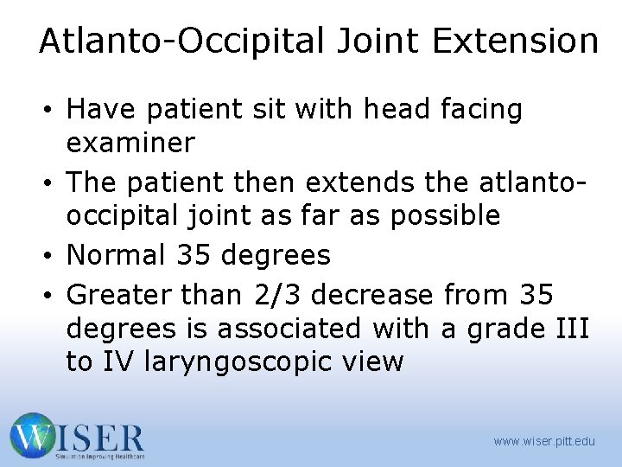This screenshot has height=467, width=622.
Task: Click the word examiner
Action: click(130, 142)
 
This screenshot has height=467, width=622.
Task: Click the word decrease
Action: click(372, 295)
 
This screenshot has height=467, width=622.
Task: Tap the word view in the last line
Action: click(370, 361)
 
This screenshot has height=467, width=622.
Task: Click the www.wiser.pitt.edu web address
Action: click(544, 441)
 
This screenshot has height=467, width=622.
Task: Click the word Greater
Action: click(120, 295)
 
